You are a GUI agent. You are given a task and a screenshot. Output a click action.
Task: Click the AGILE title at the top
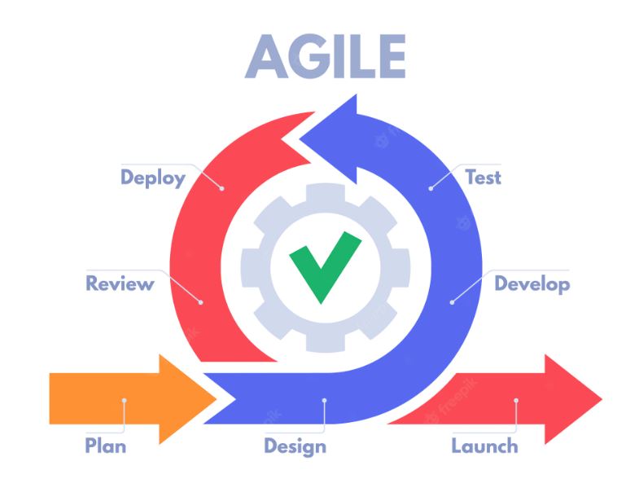point(326,56)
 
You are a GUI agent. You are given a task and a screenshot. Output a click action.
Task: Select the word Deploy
point(153,178)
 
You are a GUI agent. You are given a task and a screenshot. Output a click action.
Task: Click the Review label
point(120,283)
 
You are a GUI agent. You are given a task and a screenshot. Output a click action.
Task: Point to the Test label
point(483,178)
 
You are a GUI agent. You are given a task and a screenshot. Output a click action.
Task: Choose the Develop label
point(532,284)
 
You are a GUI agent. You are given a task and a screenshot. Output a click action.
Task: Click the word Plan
point(106,446)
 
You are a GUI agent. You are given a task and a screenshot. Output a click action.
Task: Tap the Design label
point(295,446)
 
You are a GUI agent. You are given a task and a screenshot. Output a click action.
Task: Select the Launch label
point(484,446)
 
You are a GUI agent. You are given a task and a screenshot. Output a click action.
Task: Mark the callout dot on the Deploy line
point(221,188)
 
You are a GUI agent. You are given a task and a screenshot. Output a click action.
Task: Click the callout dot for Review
point(200,302)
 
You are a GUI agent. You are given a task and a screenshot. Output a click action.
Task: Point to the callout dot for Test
point(431,188)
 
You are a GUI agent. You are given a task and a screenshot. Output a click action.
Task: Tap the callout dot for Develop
point(452,302)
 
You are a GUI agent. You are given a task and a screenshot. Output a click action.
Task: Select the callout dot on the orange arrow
point(125,400)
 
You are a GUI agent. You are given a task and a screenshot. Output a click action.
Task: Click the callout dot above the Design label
point(325,400)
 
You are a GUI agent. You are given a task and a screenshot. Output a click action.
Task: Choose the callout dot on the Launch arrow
point(516,400)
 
